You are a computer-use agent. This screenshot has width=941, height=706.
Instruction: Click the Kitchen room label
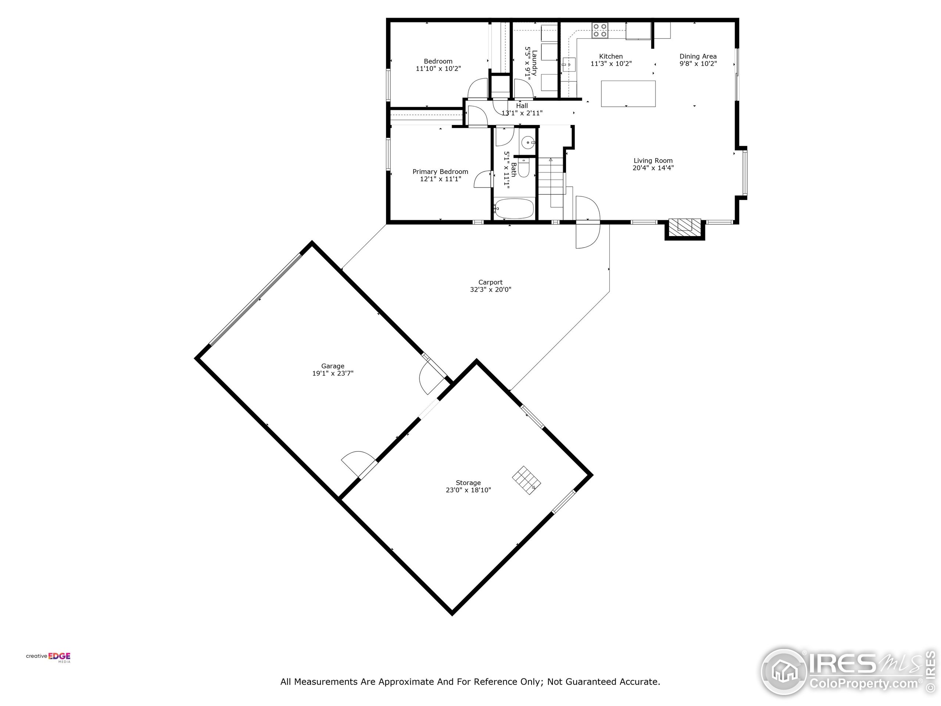coord(611,56)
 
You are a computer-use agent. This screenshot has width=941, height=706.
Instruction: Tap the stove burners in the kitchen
coord(600,31)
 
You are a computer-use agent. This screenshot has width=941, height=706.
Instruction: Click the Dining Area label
coord(698,56)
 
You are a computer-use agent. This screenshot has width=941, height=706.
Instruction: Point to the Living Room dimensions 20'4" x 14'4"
coord(653,168)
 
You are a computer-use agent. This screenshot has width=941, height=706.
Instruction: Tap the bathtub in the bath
coord(514,208)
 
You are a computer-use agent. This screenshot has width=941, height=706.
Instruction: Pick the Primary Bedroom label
coord(440,171)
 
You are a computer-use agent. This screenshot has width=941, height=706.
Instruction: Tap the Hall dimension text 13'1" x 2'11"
coord(522,113)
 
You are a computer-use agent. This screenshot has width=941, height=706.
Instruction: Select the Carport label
coord(490,282)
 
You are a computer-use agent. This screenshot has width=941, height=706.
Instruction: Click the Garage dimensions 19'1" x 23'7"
coord(333,373)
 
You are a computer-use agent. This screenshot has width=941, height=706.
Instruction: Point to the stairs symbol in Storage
coord(526,480)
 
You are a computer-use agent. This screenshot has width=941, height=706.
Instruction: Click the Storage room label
coord(468,482)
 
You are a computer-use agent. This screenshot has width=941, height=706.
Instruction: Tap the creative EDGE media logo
coord(49,657)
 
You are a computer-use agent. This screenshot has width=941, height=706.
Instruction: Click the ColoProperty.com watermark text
coord(863,684)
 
